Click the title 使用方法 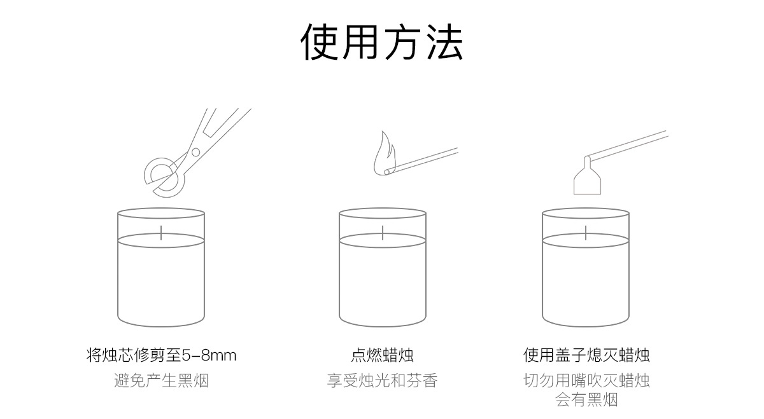(381, 43)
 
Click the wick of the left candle (161, 232)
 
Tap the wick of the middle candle (382, 232)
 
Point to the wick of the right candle (586, 232)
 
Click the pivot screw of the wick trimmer (195, 152)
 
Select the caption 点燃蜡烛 (382, 355)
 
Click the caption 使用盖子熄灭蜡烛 (586, 355)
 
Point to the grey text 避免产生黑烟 (161, 381)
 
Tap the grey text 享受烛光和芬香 (382, 381)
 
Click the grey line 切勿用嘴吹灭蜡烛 (586, 381)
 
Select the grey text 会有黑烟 (586, 399)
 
